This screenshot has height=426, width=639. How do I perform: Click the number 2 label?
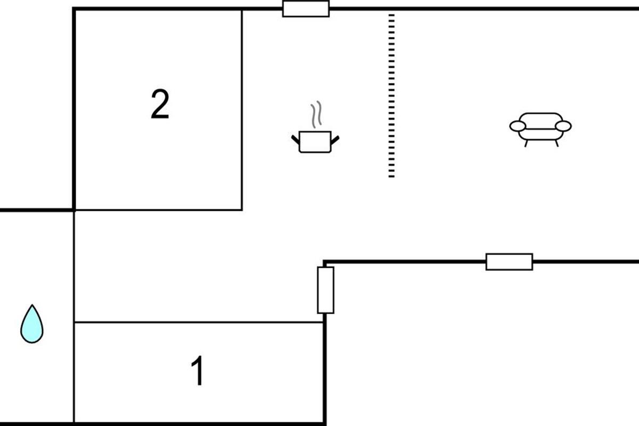(160, 104)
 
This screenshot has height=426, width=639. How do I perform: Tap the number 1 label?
(198, 372)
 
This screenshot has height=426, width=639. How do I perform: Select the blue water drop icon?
(32, 325)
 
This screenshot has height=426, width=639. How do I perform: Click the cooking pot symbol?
(315, 142)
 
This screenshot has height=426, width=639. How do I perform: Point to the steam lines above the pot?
(316, 114)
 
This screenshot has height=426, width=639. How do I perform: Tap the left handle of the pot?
(296, 140)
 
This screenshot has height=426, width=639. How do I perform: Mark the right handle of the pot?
(335, 140)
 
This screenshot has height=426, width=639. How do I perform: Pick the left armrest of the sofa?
(518, 126)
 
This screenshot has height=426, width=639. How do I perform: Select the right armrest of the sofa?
(563, 126)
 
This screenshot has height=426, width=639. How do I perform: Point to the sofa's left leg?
(526, 143)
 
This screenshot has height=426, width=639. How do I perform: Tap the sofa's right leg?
(556, 143)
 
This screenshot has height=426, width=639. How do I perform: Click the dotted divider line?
(391, 96)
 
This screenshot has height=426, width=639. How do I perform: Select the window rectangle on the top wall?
(306, 9)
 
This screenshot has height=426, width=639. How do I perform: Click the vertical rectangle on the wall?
(325, 290)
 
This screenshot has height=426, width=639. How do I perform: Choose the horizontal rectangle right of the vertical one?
(509, 261)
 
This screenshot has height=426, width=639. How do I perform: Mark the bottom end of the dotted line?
(391, 175)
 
